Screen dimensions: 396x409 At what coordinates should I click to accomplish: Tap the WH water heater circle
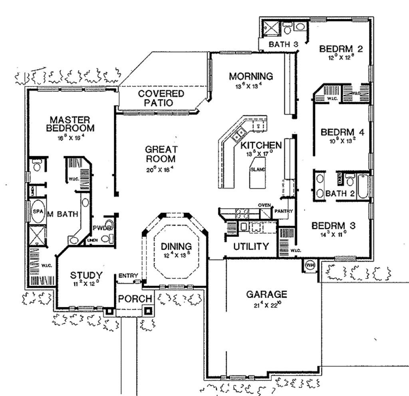tap(310, 265)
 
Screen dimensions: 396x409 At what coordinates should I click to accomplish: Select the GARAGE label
tap(266, 295)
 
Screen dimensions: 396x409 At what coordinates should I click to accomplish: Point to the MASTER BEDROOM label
tap(70, 124)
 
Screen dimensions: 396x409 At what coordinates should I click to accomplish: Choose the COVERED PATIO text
tap(155, 98)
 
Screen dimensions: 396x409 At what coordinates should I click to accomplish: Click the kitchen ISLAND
tap(258, 172)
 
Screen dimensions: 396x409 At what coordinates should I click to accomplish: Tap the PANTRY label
tap(284, 211)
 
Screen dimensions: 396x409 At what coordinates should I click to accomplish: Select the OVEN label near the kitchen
tap(264, 205)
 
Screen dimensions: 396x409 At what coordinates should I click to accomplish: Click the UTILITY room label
tap(251, 246)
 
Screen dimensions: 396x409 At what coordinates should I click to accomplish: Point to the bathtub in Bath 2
tap(363, 187)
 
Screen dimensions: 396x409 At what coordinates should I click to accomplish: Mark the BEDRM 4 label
tap(343, 132)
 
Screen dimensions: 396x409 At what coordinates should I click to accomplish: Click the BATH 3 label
tap(284, 44)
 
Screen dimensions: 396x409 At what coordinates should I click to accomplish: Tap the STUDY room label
tap(86, 275)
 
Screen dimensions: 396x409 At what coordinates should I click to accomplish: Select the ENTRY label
tap(128, 275)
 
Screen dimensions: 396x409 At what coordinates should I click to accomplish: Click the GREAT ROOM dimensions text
tap(160, 169)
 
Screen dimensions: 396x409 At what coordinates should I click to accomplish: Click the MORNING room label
tap(251, 76)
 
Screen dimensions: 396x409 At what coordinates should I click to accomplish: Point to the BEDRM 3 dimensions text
tap(334, 235)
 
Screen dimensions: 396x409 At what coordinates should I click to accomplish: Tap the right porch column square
tap(148, 310)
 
